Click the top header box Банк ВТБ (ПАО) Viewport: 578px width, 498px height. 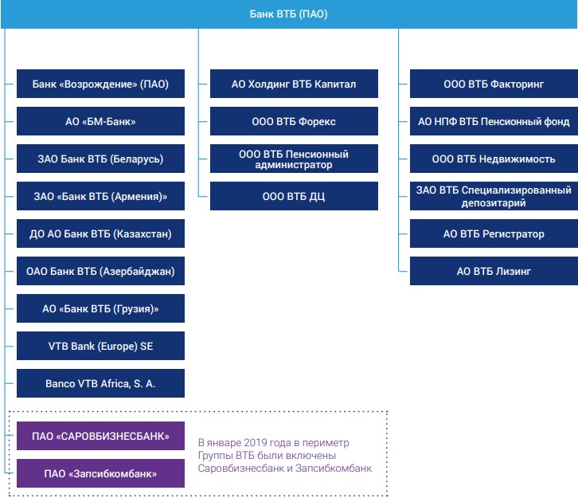(289, 14)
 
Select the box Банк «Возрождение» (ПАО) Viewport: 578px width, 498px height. (100, 84)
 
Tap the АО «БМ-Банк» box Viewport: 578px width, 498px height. (100, 121)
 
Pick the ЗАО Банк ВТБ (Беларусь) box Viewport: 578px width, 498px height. (100, 159)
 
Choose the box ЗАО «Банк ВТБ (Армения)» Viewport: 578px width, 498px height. (100, 196)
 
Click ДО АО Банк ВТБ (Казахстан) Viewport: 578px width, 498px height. (100, 233)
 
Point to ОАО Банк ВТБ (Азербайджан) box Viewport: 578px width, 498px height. (100, 271)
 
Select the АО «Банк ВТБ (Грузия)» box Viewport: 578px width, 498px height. (100, 308)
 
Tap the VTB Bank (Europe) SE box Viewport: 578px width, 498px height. (100, 346)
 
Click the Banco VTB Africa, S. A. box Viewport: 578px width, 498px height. (100, 383)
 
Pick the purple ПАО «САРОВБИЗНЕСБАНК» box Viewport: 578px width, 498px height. (100, 436)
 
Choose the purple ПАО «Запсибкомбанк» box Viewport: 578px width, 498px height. (100, 473)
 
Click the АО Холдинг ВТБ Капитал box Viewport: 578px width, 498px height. (294, 84)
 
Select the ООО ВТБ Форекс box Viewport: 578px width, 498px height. (294, 121)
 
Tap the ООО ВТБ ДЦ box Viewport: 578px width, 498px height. (294, 196)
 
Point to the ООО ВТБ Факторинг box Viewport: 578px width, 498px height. (494, 84)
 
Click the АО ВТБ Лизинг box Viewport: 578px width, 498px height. (494, 271)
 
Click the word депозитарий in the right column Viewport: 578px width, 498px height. (494, 203)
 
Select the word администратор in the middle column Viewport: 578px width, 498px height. (294, 165)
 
